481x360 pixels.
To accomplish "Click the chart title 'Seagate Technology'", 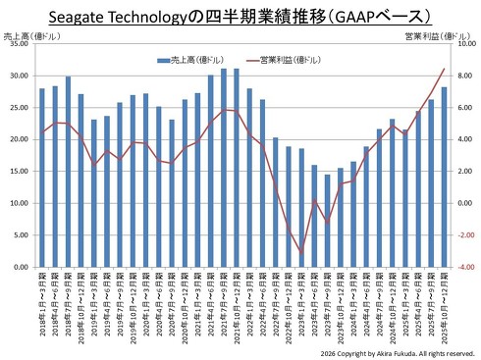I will pyautogui.click(x=137, y=16).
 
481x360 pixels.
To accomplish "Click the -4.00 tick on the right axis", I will pyautogui.click(x=464, y=267).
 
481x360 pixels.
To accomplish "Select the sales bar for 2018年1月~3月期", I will pyautogui.click(x=42, y=178).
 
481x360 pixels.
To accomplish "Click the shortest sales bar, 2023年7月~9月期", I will pyautogui.click(x=328, y=221).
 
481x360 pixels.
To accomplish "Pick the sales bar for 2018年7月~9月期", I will pyautogui.click(x=68, y=172).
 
